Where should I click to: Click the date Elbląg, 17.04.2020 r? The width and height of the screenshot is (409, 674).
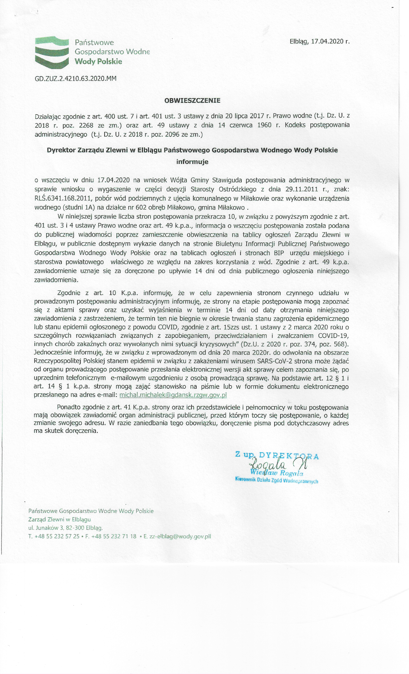point(319,42)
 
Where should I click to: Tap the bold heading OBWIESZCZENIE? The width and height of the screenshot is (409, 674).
point(192,100)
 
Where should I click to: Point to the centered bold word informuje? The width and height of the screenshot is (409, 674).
point(192,162)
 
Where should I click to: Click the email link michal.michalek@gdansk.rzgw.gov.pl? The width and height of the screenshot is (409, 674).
point(173,395)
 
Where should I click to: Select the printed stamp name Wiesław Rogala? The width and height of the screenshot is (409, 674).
point(276,473)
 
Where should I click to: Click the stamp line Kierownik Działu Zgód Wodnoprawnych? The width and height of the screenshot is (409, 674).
point(276,481)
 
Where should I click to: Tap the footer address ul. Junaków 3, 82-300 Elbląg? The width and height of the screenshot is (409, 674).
point(65,528)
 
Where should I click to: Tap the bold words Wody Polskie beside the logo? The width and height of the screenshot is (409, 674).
point(98,62)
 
